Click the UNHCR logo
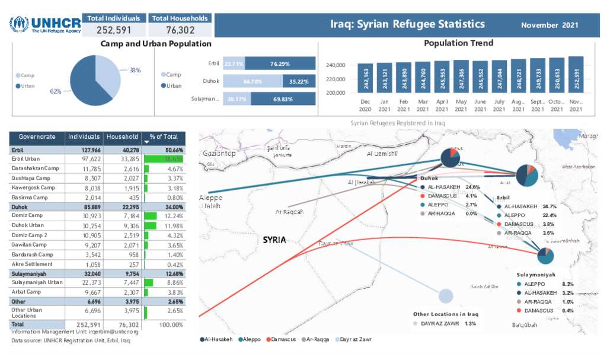click(x=44, y=24)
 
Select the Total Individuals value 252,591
click(x=113, y=30)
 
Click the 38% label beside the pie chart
click(x=135, y=70)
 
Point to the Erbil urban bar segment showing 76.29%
click(x=279, y=64)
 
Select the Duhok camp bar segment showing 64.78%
click(x=253, y=81)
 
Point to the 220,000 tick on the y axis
click(x=336, y=79)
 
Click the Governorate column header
click(x=37, y=137)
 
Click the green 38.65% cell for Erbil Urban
click(x=165, y=160)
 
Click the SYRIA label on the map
click(x=274, y=240)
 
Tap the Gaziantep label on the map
click(x=219, y=154)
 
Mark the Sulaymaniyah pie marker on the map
click(x=545, y=256)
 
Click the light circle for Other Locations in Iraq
click(x=446, y=296)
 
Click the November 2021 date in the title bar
click(x=550, y=25)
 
